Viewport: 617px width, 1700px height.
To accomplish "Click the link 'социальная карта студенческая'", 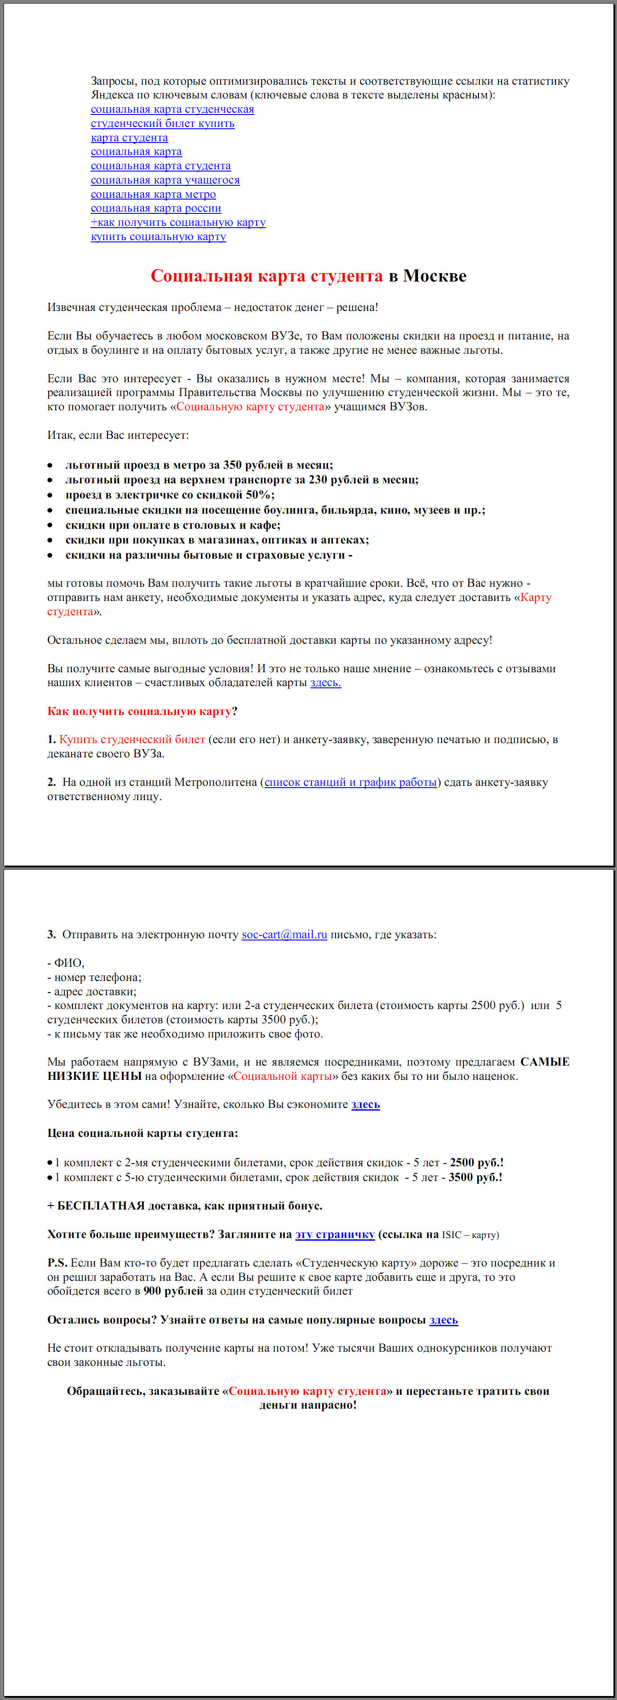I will point(172,110).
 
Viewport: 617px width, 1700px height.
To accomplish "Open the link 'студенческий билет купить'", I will point(162,123).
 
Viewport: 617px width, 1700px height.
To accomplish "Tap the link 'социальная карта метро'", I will point(153,194).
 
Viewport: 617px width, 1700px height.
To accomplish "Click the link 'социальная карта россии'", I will point(156,208).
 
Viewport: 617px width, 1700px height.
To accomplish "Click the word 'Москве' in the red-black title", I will point(434,276).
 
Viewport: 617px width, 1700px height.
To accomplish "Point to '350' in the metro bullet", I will point(232,465).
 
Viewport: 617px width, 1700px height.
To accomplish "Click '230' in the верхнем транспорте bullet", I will point(318,480).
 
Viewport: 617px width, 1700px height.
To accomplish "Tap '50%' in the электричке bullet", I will point(258,495).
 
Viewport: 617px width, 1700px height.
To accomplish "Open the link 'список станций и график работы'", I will point(351,783).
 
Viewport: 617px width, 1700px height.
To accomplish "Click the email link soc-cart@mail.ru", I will point(284,935).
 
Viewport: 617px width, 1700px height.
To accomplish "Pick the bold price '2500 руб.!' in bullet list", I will point(476,1163).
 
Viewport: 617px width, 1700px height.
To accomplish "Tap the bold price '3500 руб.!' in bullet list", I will point(475,1177).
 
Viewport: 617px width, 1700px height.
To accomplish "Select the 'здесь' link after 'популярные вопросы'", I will point(443,1320).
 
